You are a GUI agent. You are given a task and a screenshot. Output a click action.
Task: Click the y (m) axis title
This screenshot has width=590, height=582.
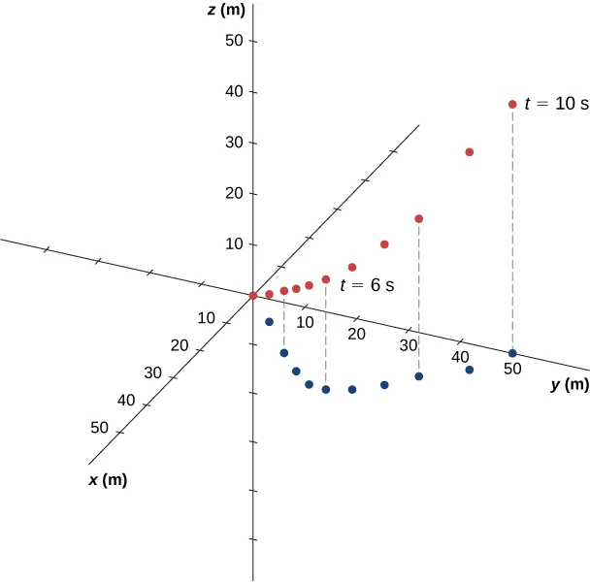pyautogui.click(x=570, y=385)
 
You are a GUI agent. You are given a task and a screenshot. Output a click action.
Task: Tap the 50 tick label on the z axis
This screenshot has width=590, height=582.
pyautogui.click(x=233, y=42)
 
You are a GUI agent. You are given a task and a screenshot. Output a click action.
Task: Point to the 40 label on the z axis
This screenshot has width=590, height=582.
pyautogui.click(x=233, y=92)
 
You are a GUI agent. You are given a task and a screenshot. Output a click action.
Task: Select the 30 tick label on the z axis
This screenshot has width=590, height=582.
pyautogui.click(x=233, y=143)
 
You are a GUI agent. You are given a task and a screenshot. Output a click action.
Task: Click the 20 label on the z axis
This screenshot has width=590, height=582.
pyautogui.click(x=233, y=193)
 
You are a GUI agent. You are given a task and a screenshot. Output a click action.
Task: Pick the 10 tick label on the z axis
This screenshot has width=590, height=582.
pyautogui.click(x=233, y=243)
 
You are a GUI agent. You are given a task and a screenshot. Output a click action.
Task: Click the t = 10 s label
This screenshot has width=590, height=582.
pyautogui.click(x=556, y=104)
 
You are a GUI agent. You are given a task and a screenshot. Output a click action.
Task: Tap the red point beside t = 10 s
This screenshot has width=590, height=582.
pyautogui.click(x=512, y=105)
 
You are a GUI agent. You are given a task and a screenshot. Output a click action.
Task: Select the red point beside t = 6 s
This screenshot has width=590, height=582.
pyautogui.click(x=326, y=279)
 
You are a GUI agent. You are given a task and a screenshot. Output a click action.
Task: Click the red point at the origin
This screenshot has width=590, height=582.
pyautogui.click(x=252, y=295)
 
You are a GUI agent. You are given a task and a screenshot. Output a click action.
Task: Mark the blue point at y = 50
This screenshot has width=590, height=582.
pyautogui.click(x=512, y=353)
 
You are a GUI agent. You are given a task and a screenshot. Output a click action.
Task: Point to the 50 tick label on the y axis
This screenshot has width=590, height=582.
pyautogui.click(x=512, y=370)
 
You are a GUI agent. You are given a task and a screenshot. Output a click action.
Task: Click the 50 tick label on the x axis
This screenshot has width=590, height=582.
pyautogui.click(x=98, y=427)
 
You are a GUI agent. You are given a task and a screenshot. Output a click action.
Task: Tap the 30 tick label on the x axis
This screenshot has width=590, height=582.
pyautogui.click(x=152, y=372)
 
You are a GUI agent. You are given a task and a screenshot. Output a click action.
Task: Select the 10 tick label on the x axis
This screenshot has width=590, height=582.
pyautogui.click(x=206, y=317)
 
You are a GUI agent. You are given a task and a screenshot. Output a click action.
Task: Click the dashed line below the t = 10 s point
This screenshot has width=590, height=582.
pyautogui.click(x=512, y=233)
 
